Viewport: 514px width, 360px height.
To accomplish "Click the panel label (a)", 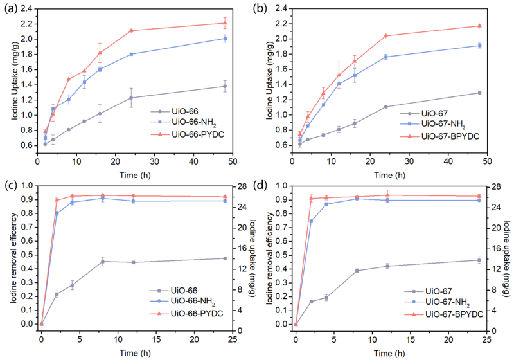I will tap(10, 9).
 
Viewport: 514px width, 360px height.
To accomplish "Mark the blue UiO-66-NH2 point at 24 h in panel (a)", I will tap(131, 54).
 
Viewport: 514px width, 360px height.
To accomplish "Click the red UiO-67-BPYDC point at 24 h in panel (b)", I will tap(385, 35).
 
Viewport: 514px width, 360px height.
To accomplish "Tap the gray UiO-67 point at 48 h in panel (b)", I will tap(479, 93).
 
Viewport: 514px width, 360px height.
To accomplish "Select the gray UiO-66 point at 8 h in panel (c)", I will tap(103, 261).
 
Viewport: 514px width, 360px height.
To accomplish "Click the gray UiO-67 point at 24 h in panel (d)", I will tap(479, 260).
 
